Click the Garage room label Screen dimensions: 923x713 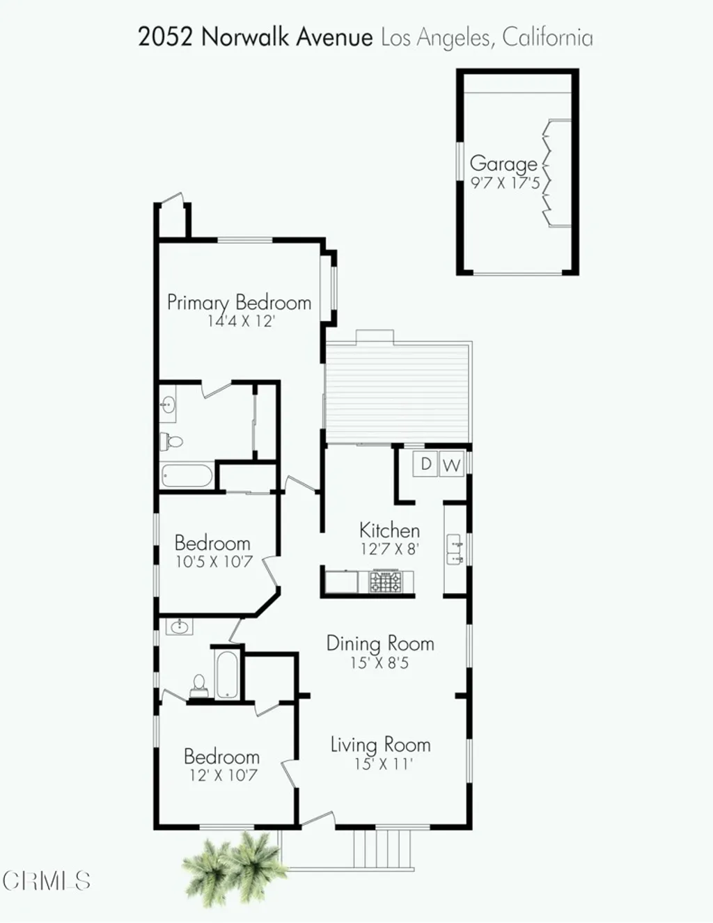503,164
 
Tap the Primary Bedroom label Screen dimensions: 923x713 239,302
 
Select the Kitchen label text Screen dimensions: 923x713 389,530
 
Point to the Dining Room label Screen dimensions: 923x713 380,643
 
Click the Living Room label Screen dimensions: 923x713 380,745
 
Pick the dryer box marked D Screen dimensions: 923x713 426,464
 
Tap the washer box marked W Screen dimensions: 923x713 451,465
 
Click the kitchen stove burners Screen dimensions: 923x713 385,581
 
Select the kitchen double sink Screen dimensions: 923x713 455,549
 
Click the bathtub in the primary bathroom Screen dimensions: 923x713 187,476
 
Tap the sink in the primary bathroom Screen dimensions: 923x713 168,404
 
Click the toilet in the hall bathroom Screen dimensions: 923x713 199,685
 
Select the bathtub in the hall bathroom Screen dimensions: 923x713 227,673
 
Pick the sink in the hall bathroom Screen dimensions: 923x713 179,627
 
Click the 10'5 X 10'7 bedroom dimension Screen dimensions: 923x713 213,562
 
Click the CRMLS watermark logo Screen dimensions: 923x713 46,881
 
